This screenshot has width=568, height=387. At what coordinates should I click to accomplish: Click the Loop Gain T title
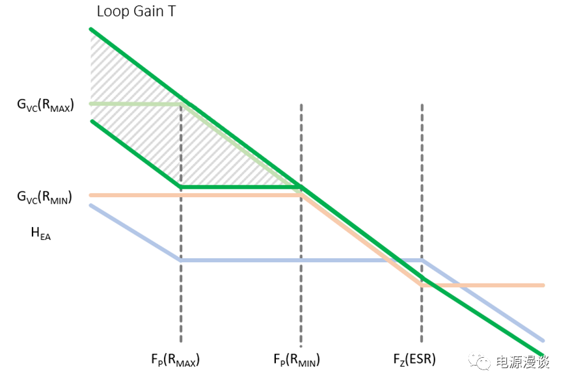[x=136, y=11]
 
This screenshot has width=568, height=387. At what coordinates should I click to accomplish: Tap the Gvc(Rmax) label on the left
[x=46, y=105]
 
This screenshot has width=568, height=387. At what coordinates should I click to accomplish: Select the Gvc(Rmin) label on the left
[x=44, y=197]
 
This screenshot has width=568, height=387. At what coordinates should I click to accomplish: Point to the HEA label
[x=40, y=233]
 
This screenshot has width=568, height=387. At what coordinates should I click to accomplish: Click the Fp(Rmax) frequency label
[x=175, y=360]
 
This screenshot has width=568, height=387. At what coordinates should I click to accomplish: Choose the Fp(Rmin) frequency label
[x=297, y=360]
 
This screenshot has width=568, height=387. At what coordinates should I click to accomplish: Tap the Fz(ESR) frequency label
[x=414, y=360]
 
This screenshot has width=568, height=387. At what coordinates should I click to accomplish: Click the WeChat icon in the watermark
[x=479, y=361]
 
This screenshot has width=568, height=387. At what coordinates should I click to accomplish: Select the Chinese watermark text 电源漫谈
[x=522, y=362]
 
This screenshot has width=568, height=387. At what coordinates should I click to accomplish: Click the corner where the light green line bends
[x=181, y=104]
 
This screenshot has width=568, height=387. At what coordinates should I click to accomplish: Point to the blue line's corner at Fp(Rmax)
[x=181, y=260]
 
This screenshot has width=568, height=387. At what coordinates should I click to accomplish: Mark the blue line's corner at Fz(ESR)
[x=422, y=260]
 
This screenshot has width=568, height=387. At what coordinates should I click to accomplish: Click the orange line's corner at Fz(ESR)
[x=422, y=286]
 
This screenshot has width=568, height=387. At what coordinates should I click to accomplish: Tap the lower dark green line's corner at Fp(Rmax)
[x=181, y=187]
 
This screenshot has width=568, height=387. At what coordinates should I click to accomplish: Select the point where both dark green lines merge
[x=301, y=187]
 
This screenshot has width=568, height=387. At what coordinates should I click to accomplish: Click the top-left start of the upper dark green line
[x=91, y=29]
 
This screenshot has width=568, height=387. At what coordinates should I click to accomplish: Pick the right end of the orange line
[x=543, y=286]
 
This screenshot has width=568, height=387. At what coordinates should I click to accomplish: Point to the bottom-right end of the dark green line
[x=543, y=355]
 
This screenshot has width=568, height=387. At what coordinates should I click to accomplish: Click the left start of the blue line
[x=90, y=206]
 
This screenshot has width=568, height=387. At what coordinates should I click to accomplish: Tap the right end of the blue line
[x=543, y=341]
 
